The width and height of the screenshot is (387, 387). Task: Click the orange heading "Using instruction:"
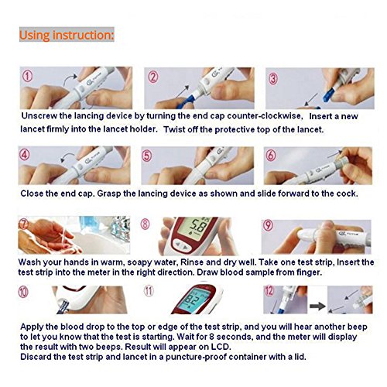tap(67, 35)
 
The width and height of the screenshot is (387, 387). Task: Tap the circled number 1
tap(28, 76)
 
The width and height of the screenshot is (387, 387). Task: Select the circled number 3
tap(273, 78)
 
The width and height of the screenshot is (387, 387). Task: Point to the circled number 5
tap(146, 156)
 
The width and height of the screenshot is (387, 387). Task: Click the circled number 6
tap(271, 155)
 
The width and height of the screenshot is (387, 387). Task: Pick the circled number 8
tap(146, 224)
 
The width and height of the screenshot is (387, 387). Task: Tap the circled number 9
tap(268, 225)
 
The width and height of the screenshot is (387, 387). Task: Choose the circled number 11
tap(149, 291)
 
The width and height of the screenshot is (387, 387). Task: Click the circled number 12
tap(269, 291)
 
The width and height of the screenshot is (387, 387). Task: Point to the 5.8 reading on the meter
tap(198, 226)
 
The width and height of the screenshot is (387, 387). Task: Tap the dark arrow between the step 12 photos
tap(317, 306)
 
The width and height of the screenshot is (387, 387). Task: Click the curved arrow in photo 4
tap(67, 157)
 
